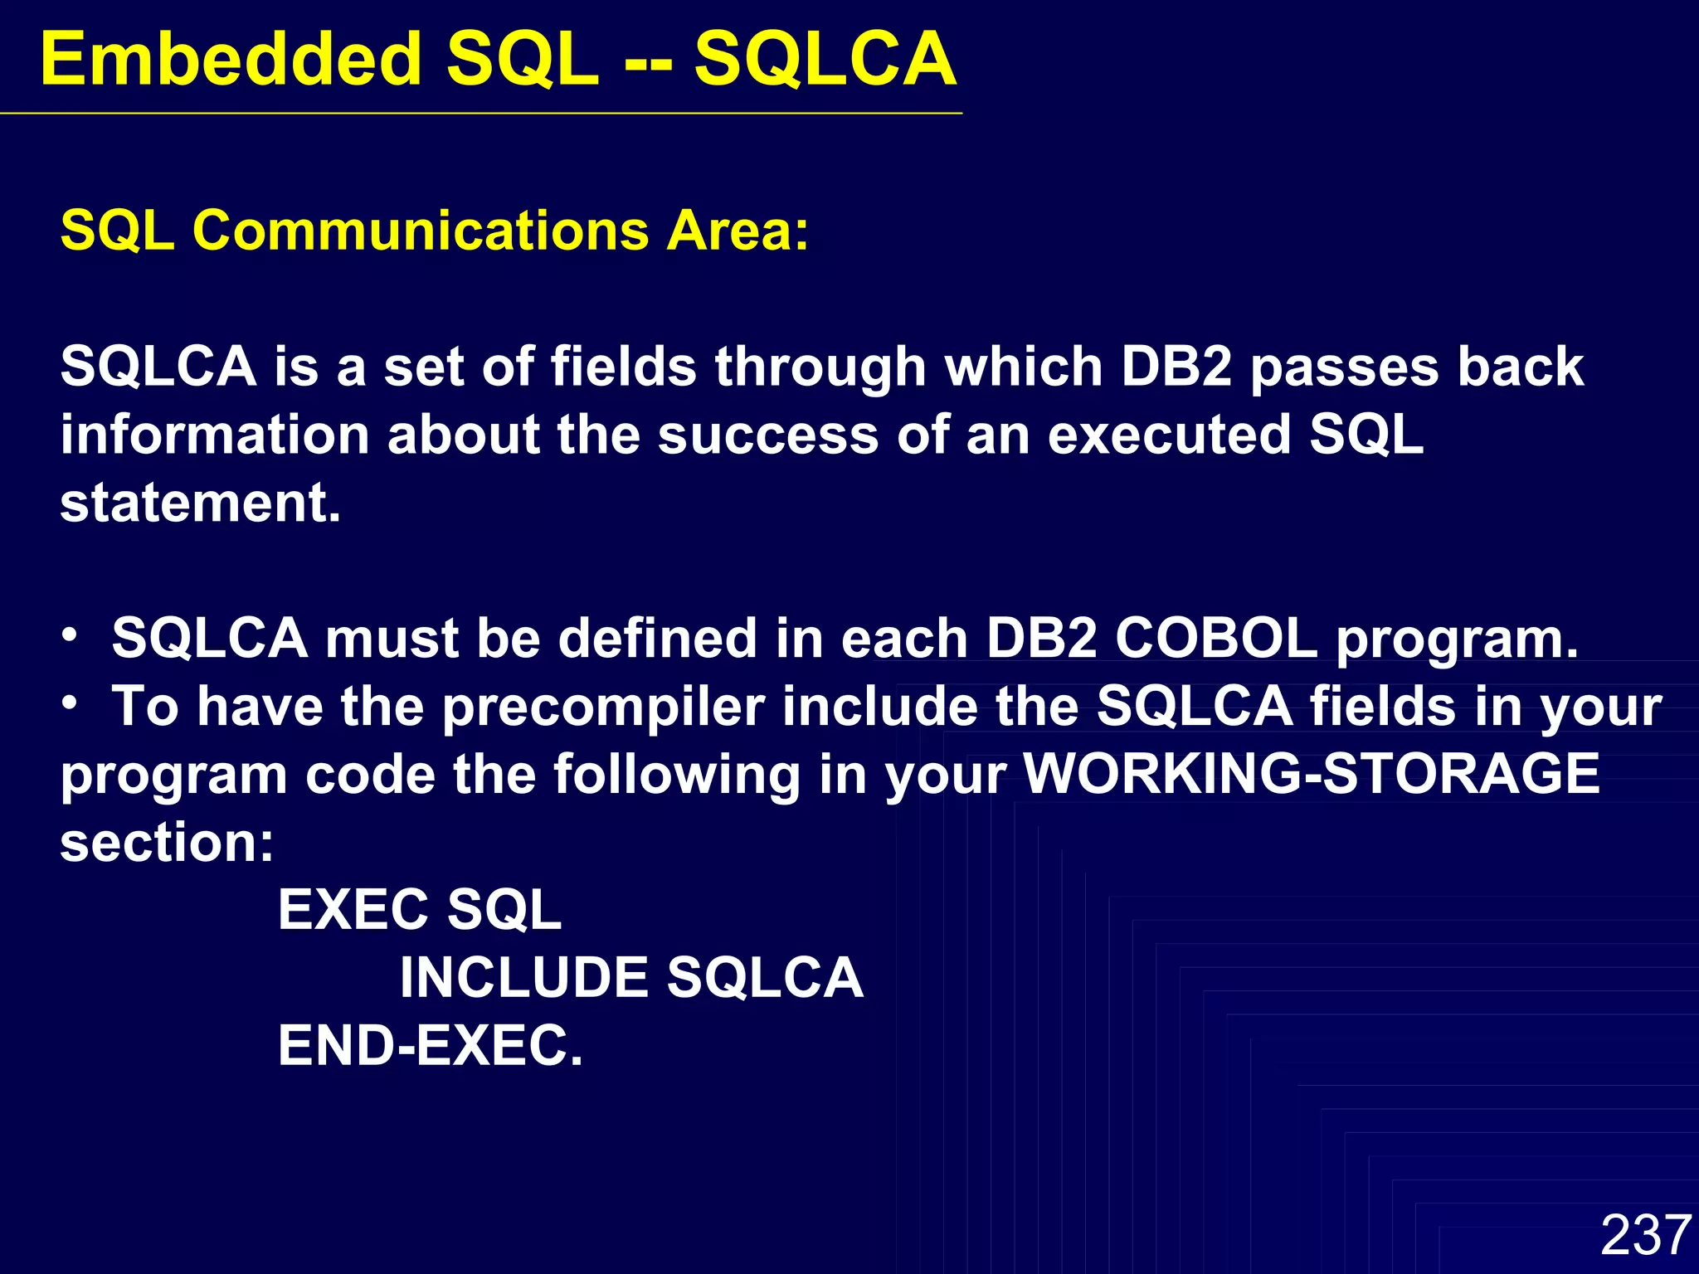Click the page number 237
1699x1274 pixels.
1645,1234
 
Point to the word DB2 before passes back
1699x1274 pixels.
1176,367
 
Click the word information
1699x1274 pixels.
215,435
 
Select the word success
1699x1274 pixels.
767,435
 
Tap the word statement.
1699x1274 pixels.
200,503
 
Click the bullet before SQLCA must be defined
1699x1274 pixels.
71,635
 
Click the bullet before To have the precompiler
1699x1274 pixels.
71,703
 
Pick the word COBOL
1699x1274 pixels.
1216,639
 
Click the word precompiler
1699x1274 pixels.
603,708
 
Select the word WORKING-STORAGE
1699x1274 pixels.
1312,774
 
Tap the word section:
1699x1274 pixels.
167,843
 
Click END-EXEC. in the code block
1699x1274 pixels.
431,1046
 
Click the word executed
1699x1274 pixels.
1169,435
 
